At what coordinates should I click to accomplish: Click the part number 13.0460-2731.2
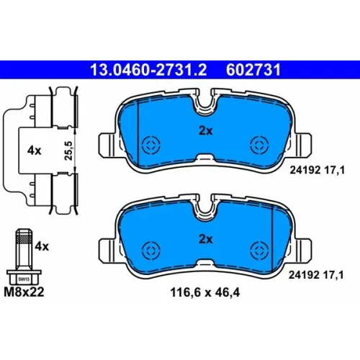tap(148, 70)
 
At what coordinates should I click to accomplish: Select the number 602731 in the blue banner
tap(253, 70)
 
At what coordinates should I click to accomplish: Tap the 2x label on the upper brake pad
tap(206, 131)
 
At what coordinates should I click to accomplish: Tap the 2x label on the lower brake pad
tap(206, 239)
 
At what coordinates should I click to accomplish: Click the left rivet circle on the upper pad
tap(151, 145)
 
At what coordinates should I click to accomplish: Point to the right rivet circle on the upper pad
tap(259, 145)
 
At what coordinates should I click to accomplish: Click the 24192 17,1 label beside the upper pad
tap(317, 171)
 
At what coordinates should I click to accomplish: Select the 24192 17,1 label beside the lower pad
tap(316, 275)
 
